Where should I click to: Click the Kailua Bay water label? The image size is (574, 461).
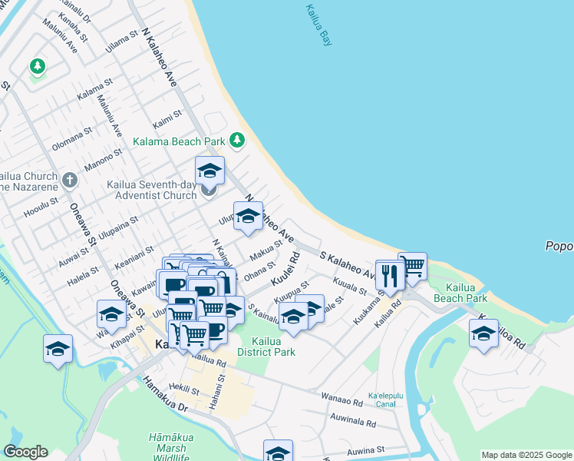pos(318,25)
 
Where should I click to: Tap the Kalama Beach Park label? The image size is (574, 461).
pos(179,141)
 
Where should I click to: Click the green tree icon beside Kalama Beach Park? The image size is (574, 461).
pos(238,140)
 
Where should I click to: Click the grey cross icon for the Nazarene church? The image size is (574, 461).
pos(70,181)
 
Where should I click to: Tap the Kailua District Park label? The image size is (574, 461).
pos(266,347)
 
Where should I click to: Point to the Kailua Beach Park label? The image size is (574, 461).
pos(460,293)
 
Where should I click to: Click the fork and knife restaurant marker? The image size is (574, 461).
pos(390,275)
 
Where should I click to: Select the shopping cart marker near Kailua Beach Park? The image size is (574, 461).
pos(413,266)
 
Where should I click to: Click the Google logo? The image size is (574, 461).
pos(25,452)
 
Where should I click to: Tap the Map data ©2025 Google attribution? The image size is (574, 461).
pos(526,455)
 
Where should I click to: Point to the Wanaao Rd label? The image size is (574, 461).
pos(342,401)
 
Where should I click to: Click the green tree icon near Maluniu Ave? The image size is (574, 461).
pos(37,67)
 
